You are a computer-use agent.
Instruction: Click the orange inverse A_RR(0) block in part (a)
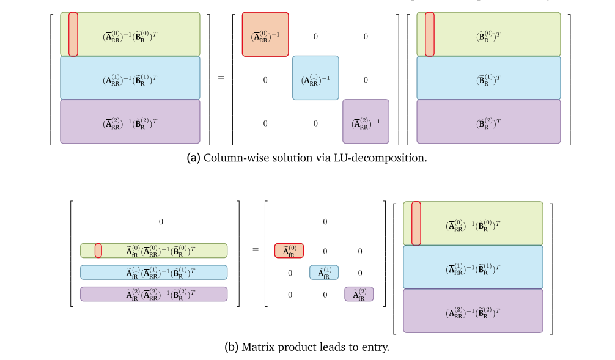[x=265, y=34]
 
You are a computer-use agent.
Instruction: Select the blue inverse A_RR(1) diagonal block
[x=315, y=78]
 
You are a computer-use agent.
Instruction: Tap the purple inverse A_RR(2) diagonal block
[x=366, y=122]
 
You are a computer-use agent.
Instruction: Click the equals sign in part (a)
[x=221, y=78]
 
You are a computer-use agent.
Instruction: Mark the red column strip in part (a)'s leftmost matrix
[x=73, y=34]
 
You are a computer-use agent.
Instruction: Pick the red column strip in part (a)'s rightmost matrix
[x=429, y=34]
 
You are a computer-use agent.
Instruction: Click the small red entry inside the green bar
[x=98, y=251]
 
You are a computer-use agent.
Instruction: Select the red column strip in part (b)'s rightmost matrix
[x=416, y=223]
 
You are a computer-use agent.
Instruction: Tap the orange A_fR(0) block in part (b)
[x=289, y=251]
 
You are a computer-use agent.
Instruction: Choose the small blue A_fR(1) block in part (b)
[x=324, y=272]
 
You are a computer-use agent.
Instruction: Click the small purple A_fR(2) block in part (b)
[x=359, y=294]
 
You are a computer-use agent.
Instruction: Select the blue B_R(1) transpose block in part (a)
[x=488, y=78]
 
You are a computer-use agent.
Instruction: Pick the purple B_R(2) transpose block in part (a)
[x=488, y=122]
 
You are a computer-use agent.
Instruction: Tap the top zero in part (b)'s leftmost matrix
[x=160, y=222]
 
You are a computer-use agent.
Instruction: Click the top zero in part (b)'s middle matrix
[x=325, y=222]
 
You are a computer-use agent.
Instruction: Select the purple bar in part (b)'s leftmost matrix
[x=153, y=294]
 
